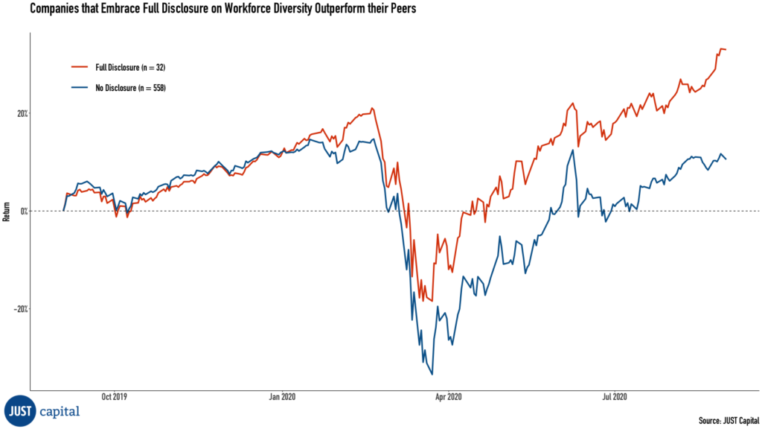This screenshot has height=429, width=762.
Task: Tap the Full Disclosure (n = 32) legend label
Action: (x=130, y=68)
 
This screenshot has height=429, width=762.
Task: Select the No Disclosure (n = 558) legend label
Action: (x=130, y=89)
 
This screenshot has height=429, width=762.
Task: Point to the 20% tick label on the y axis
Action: (x=22, y=114)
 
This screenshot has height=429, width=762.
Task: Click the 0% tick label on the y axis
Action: (x=23, y=211)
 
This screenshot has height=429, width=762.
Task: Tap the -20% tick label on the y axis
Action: (x=20, y=308)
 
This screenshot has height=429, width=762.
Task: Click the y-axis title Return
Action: (x=7, y=211)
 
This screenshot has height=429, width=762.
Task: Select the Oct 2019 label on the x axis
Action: (x=114, y=397)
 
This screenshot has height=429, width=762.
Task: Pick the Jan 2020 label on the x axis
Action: (x=281, y=397)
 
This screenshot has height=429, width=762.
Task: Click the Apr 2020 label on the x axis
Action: (x=448, y=397)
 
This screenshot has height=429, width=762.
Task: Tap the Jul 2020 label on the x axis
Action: (x=614, y=397)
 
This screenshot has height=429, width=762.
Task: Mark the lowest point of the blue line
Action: (x=432, y=375)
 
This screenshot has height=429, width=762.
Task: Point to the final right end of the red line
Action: (x=726, y=50)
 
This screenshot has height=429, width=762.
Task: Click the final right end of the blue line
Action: (x=726, y=159)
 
